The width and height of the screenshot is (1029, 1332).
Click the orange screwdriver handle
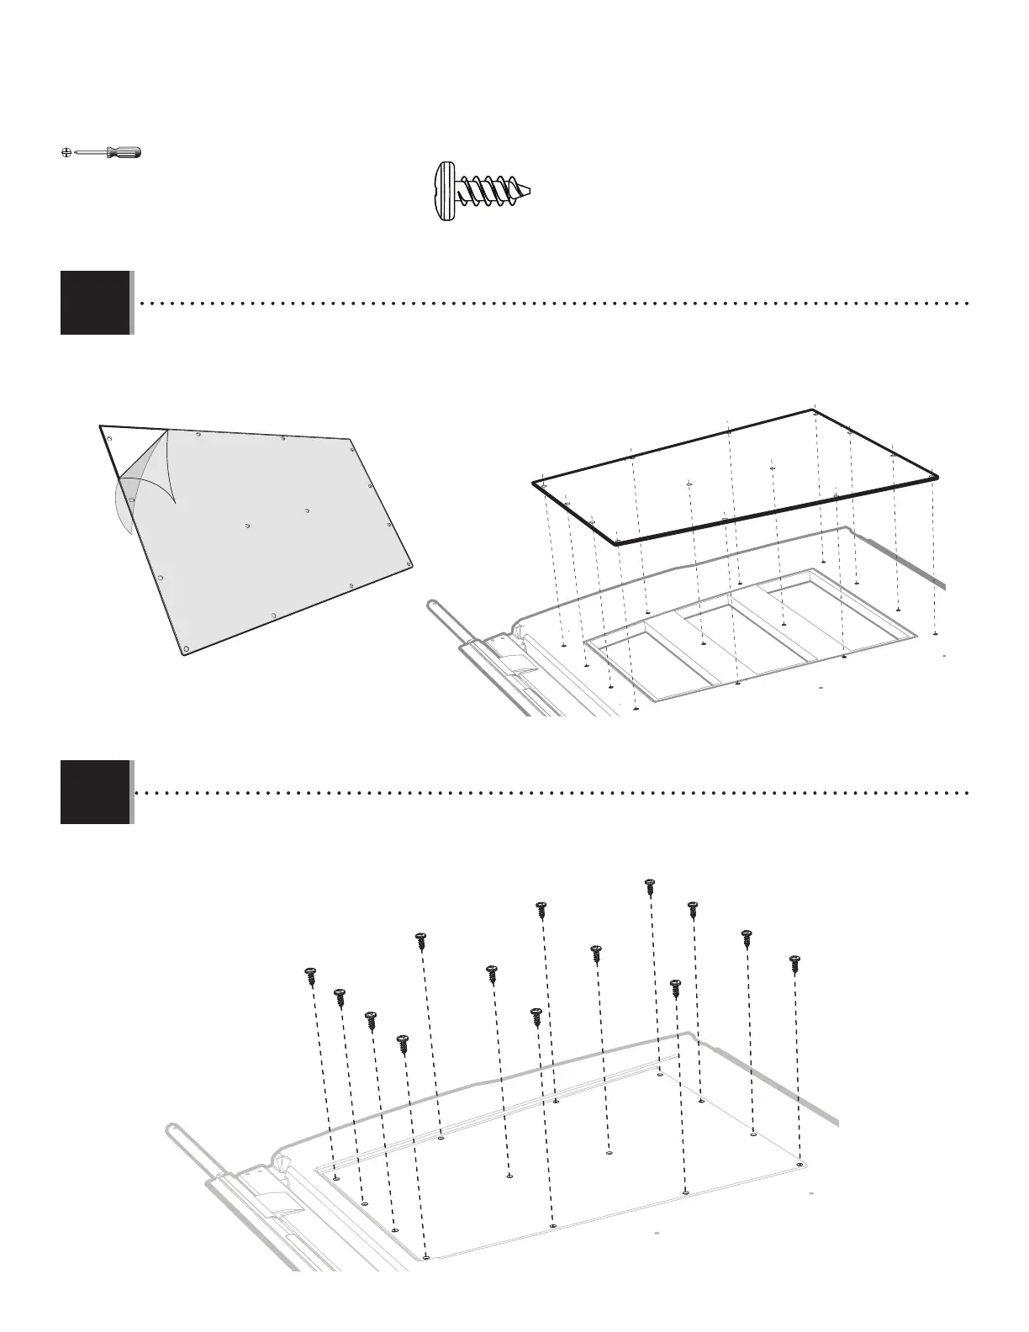126,152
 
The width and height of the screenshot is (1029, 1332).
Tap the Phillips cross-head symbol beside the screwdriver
66,153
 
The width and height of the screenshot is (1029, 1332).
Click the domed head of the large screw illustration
446,193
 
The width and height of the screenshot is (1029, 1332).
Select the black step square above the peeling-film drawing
95,303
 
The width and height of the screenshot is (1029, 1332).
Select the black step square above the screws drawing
95,792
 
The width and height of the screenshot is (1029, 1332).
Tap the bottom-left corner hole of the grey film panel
187,647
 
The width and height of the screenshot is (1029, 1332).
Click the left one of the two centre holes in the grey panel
248,526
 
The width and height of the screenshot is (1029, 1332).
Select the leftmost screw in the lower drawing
310,975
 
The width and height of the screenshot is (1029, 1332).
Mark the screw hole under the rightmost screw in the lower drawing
799,1165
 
